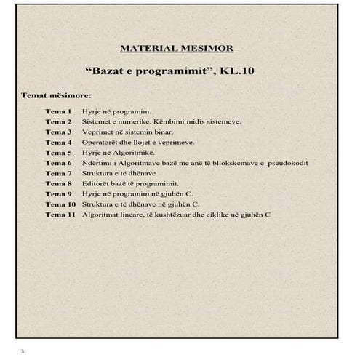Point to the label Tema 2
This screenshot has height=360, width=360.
(58, 122)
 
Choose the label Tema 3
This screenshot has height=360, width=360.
(58, 132)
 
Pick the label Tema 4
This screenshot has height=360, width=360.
(58, 143)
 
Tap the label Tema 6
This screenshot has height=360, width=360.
(58, 164)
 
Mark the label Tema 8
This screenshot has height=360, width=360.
(58, 184)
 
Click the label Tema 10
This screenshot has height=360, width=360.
(60, 204)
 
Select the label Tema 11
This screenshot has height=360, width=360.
(60, 215)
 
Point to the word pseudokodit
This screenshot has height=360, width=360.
(288, 164)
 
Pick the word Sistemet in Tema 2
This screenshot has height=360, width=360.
(97, 122)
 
